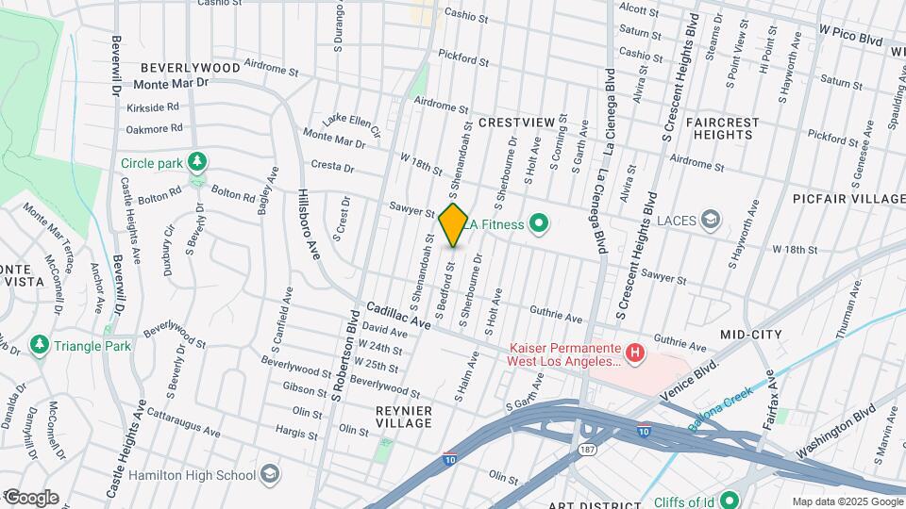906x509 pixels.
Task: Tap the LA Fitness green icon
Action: coord(539,223)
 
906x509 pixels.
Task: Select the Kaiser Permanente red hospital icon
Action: coord(635,353)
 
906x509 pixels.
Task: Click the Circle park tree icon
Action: coord(196,162)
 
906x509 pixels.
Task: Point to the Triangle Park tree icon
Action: coord(40,346)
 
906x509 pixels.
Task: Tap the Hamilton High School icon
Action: coord(270,473)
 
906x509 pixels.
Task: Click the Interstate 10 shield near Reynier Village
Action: coord(450,460)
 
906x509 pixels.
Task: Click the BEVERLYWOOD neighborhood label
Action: coord(191,68)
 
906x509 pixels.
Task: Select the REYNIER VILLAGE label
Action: coord(404,417)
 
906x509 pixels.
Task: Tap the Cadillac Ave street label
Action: coord(398,315)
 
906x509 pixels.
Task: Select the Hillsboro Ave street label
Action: coord(309,226)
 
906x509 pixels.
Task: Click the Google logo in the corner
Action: coord(31,498)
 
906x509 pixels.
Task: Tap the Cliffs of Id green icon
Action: coord(730,500)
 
